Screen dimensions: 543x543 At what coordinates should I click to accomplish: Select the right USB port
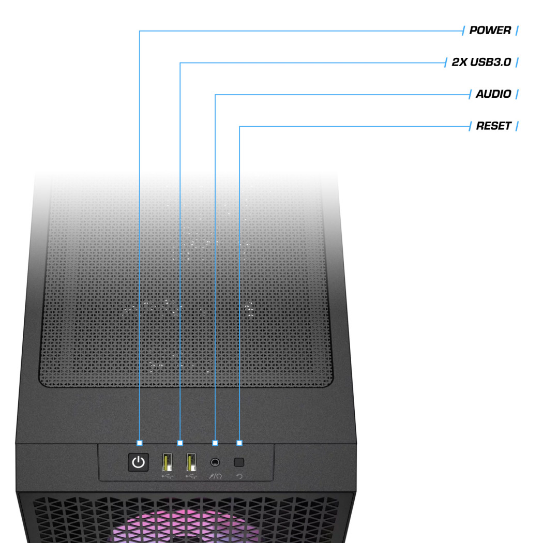pos(191,461)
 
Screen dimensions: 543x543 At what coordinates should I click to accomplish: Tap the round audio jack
pos(215,462)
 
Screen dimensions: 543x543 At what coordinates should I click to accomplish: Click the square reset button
pos(239,462)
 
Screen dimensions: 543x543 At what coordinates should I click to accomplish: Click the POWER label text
pos(490,31)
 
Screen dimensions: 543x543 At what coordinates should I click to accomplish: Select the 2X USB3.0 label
pos(481,63)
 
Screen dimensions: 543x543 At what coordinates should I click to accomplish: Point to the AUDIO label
pos(493,94)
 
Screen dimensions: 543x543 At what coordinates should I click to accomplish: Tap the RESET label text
pos(493,126)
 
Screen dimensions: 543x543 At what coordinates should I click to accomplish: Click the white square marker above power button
pos(140,443)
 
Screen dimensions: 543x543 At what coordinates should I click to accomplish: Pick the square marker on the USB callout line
pos(180,443)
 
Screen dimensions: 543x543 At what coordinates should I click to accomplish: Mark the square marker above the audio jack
pos(215,443)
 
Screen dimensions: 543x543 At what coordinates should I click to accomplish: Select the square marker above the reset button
pos(239,443)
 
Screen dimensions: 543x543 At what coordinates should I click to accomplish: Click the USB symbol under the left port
pos(167,476)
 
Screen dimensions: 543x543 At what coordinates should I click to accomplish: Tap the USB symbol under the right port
pos(190,476)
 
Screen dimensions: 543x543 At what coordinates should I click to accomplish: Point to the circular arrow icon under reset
pos(239,476)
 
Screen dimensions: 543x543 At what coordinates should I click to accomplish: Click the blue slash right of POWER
pos(517,31)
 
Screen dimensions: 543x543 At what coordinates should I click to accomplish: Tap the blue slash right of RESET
pos(517,126)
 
